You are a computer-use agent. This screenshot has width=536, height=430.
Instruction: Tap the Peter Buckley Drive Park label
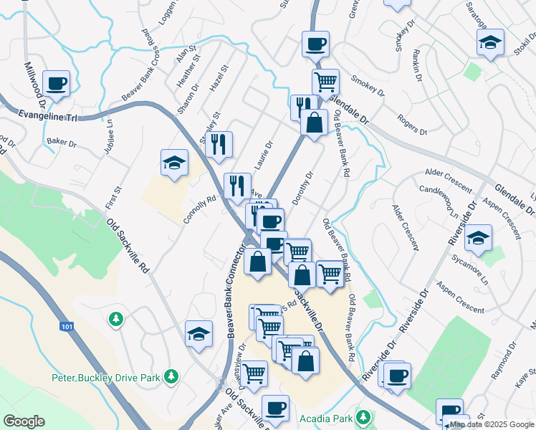point(107,377)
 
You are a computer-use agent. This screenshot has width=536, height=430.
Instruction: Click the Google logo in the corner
point(24,421)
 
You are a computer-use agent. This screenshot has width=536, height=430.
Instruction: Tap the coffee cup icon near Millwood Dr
point(56,83)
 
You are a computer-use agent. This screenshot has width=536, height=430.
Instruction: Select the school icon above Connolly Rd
point(174,163)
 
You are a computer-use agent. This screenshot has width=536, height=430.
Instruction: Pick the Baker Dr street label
point(62,143)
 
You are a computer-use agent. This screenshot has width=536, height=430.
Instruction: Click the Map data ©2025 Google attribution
point(492,425)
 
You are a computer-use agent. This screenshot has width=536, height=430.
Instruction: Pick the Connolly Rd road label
point(200,210)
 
